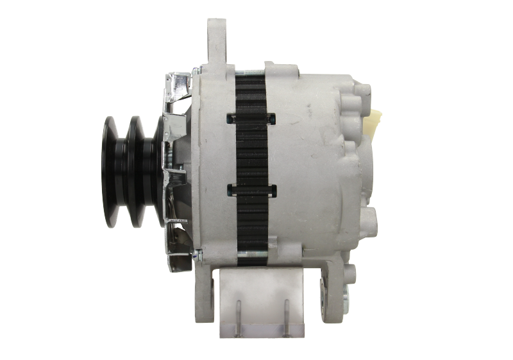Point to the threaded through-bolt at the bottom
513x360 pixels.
pos(251,259)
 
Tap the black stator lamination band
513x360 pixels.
pos(251,154)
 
